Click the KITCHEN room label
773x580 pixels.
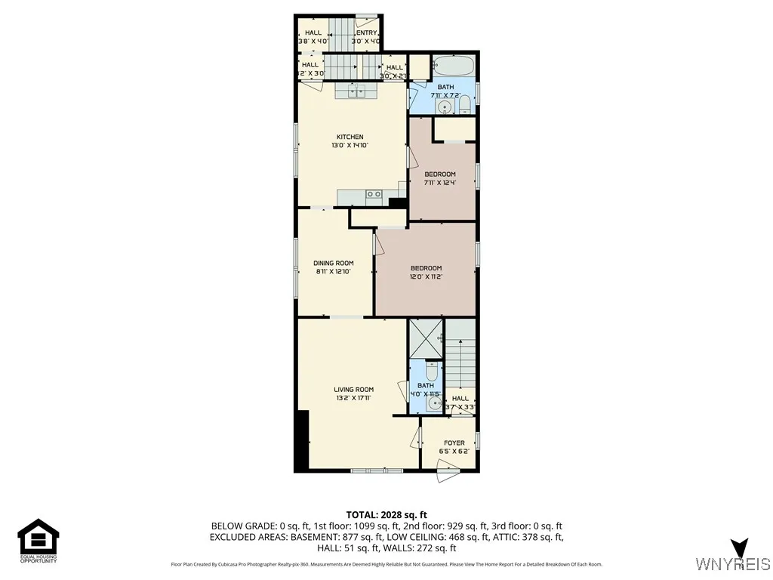pos(350,137)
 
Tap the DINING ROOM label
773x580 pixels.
pos(334,264)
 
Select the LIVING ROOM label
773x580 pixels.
pos(354,390)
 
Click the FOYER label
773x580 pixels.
pos(454,443)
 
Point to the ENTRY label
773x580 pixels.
pos(366,32)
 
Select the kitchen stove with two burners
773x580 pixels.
pos(373,195)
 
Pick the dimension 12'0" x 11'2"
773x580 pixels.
pos(426,277)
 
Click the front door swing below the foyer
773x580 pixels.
pos(448,476)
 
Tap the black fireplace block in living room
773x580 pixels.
pos(303,440)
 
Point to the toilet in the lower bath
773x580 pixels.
pos(431,372)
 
